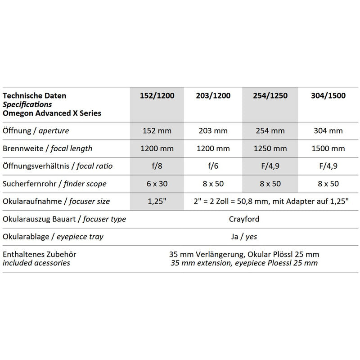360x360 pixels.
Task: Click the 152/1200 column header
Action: (x=155, y=96)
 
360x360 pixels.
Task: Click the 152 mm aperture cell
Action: (x=155, y=131)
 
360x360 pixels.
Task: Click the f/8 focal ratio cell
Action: (x=155, y=166)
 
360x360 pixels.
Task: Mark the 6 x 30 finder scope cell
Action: (x=155, y=184)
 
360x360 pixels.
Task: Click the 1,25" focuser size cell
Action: (x=155, y=201)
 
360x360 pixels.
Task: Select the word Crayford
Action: (x=243, y=219)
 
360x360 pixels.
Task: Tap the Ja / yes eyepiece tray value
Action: (x=243, y=237)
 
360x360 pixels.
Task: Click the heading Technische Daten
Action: (x=34, y=96)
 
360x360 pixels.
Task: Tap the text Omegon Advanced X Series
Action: (x=52, y=113)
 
